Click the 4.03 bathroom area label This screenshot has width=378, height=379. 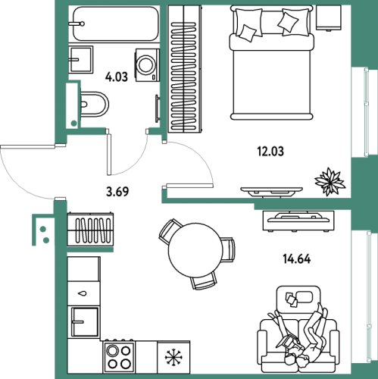tap(117, 77)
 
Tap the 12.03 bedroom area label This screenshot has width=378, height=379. tap(270, 152)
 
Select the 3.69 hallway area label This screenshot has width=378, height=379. tap(117, 192)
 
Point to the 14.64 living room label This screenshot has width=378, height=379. tap(297, 259)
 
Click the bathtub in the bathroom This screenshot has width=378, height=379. tap(116, 23)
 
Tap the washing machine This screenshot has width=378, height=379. tap(147, 65)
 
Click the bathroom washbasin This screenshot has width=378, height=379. tap(81, 60)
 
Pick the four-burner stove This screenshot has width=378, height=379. tap(119, 356)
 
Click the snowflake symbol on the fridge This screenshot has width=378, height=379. tap(173, 358)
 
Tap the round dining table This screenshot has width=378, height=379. tap(195, 250)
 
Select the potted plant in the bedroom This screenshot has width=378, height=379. tap(330, 181)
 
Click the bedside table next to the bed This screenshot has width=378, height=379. tap(329, 17)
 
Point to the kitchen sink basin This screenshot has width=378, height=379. tap(85, 321)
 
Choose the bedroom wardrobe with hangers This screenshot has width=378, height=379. tap(185, 69)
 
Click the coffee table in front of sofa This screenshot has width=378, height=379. tap(298, 300)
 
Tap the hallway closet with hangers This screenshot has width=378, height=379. tap(90, 229)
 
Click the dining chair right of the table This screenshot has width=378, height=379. tap(229, 249)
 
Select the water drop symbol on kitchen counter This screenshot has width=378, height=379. tap(83, 293)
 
